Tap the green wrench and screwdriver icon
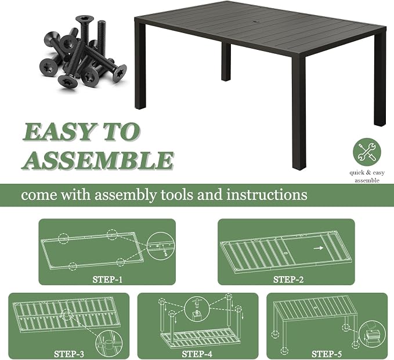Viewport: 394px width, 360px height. click(367, 152)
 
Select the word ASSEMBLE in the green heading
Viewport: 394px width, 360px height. click(98, 161)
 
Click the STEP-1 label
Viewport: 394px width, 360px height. click(107, 279)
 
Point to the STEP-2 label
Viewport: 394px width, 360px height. click(288, 279)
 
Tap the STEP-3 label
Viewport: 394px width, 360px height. click(69, 354)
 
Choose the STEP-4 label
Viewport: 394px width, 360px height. click(197, 354)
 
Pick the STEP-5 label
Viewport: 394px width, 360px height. click(327, 354)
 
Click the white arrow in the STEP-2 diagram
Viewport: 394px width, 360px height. click(319, 248)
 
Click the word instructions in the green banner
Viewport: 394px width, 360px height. click(267, 195)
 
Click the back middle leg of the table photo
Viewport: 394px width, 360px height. click(226, 62)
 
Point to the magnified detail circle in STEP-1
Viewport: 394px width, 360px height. click(161, 249)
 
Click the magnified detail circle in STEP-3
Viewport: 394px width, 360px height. click(109, 343)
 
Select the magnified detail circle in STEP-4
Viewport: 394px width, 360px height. click(197, 309)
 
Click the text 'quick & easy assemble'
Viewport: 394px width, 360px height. click(367, 176)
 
